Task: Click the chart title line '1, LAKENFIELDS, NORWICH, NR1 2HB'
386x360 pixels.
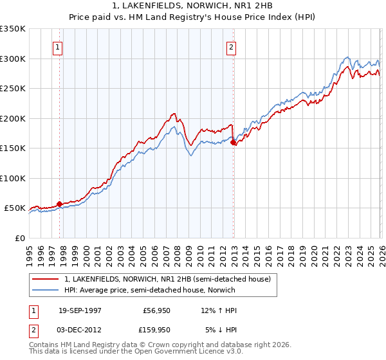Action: coord(193,6)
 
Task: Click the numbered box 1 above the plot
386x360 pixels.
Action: coord(58,47)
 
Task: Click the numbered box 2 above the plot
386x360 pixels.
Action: coord(230,47)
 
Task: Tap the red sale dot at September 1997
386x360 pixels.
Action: coord(60,204)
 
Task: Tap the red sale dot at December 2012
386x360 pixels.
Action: coord(234,143)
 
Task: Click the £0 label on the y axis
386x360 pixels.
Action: coord(20,238)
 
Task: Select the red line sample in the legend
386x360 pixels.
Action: coord(45,280)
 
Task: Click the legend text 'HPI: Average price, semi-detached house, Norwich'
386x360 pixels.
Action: coord(149,291)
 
